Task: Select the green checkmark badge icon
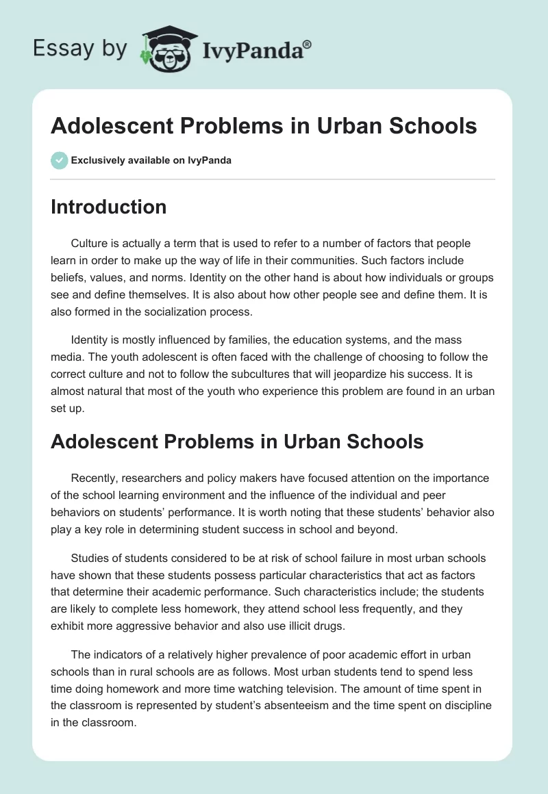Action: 59,160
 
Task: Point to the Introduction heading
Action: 108,207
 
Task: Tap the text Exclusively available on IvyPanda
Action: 151,160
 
